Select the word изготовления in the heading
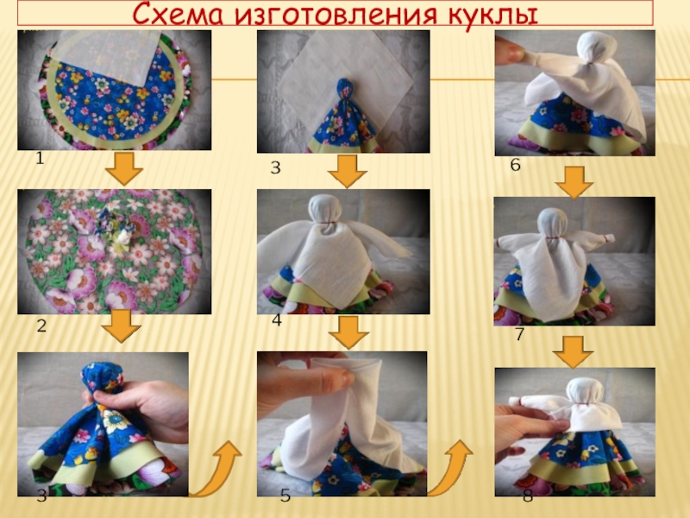pyautogui.click(x=336, y=15)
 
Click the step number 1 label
pyautogui.click(x=40, y=158)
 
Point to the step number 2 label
pyautogui.click(x=41, y=326)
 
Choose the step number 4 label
pyautogui.click(x=276, y=320)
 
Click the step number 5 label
pyautogui.click(x=285, y=496)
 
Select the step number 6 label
pyautogui.click(x=515, y=165)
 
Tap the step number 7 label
pyautogui.click(x=520, y=334)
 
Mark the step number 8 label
pyautogui.click(x=528, y=496)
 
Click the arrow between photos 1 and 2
pyautogui.click(x=124, y=168)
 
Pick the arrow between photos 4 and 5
pyautogui.click(x=348, y=332)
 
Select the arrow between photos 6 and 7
pyautogui.click(x=574, y=182)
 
